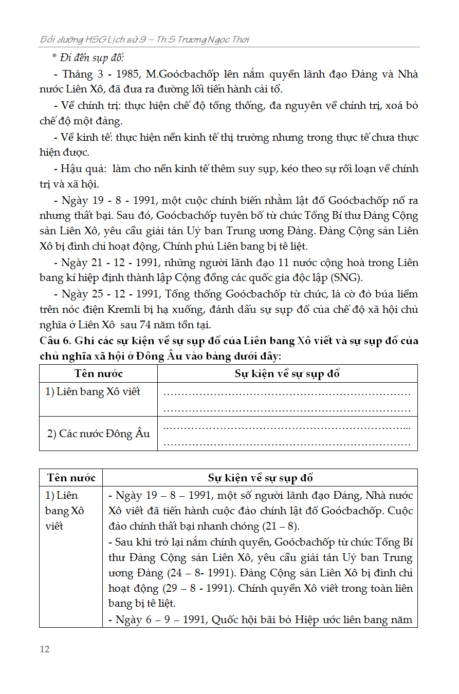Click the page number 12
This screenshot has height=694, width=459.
tap(45, 649)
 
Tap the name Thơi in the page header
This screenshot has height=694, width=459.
tap(240, 40)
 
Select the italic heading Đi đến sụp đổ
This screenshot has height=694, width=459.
tap(88, 58)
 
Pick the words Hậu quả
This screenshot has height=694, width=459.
tap(82, 168)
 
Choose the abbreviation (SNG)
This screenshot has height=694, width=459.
tap(347, 278)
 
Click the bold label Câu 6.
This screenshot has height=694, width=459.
tap(54, 341)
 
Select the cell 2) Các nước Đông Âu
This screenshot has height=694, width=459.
tap(98, 434)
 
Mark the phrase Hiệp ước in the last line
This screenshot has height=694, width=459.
tap(320, 620)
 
